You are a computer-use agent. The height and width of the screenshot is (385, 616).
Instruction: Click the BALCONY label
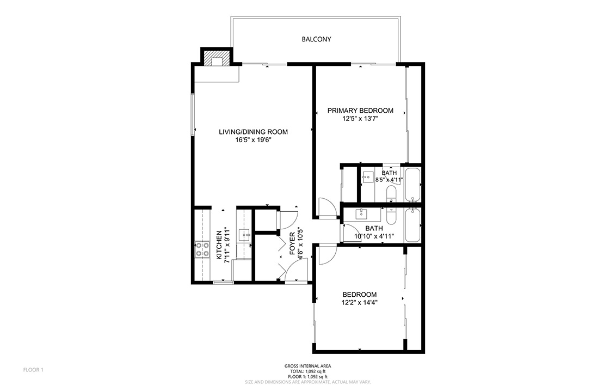coord(316,39)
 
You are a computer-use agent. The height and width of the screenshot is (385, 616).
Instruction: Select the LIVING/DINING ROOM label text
coord(254,132)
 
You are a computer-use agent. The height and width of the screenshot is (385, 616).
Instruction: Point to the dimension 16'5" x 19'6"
coord(254,140)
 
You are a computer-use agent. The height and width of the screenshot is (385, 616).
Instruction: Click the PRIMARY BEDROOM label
coord(360,111)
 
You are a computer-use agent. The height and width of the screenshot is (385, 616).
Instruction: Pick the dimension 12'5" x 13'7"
coord(360,119)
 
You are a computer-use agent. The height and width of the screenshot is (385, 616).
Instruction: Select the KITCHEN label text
coord(219,245)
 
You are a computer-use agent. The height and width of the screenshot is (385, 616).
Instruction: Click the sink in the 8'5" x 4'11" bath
coord(368,178)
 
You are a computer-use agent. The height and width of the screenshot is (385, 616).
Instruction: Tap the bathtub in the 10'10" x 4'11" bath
coord(413,225)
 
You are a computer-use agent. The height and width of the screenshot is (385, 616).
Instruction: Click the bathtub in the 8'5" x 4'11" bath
coord(413,185)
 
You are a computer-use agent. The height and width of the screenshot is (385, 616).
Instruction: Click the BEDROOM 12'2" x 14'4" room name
coord(360,295)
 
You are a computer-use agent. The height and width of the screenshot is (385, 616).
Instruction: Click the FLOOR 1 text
coord(33,370)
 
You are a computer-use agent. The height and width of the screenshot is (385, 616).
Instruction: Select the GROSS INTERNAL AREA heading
coord(307,366)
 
